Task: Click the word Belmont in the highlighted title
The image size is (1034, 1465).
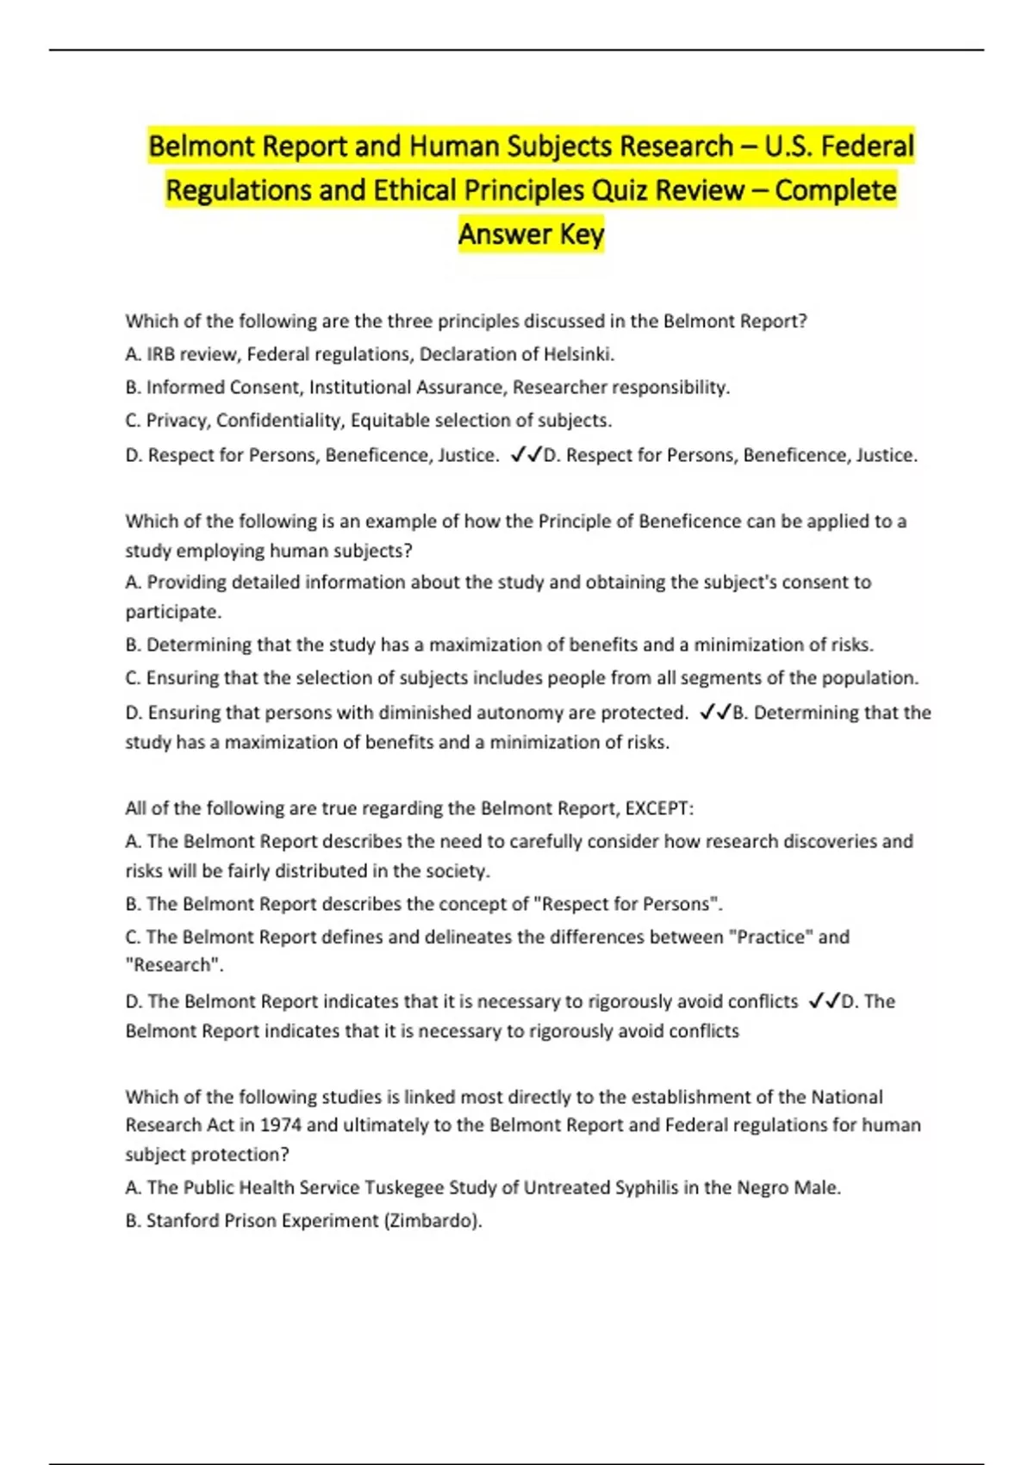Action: (202, 146)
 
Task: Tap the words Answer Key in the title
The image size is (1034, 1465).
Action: (531, 234)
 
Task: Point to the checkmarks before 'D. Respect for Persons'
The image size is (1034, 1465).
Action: (526, 454)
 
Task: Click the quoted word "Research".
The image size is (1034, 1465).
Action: (174, 966)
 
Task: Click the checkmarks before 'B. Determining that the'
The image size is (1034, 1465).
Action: (715, 712)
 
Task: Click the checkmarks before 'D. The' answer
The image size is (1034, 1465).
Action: (825, 1001)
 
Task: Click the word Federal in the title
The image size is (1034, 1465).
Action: (867, 146)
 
